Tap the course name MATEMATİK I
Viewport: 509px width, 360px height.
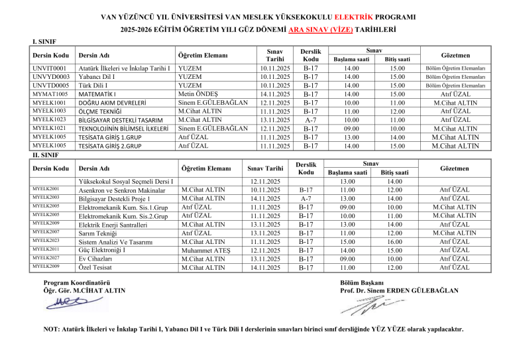99,93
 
